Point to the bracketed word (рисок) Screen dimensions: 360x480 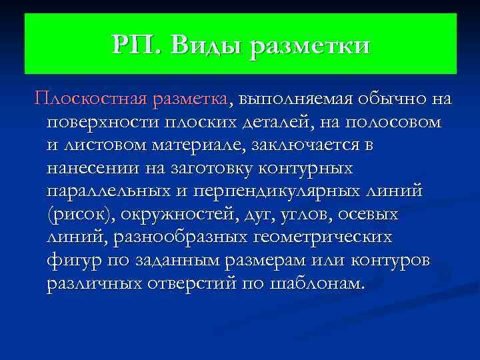(79, 215)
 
